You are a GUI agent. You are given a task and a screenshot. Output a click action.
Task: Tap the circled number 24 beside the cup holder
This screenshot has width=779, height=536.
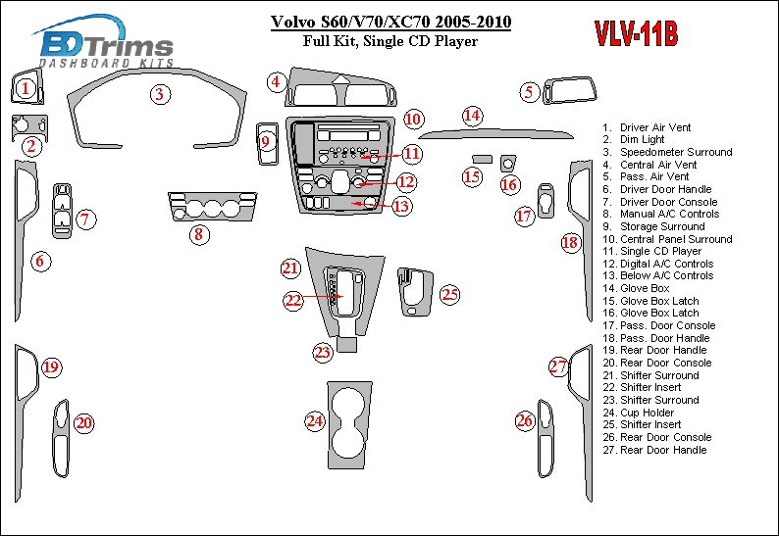point(314,421)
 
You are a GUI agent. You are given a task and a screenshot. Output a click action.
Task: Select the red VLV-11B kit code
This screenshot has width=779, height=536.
point(635,34)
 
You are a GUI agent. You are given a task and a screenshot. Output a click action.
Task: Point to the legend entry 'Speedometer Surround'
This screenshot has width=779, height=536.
point(675,152)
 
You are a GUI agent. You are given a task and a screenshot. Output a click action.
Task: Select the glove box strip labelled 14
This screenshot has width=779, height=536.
point(500,133)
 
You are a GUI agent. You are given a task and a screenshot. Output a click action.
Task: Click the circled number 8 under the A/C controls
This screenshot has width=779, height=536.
point(198,234)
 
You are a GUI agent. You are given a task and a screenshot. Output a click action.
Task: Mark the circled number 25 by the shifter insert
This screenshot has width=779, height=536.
point(449,294)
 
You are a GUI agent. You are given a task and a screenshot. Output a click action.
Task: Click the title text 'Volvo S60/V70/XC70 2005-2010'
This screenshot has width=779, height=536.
point(390,23)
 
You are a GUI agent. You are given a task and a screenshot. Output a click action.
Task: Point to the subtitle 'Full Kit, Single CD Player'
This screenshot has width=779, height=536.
point(390,41)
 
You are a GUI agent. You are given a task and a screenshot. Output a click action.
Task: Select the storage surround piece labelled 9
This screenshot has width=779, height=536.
point(265,143)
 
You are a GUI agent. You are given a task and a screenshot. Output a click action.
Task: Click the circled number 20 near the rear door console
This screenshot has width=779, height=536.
point(84,423)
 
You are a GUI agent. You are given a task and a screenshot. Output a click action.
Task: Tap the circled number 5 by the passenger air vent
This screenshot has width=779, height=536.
point(530,93)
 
